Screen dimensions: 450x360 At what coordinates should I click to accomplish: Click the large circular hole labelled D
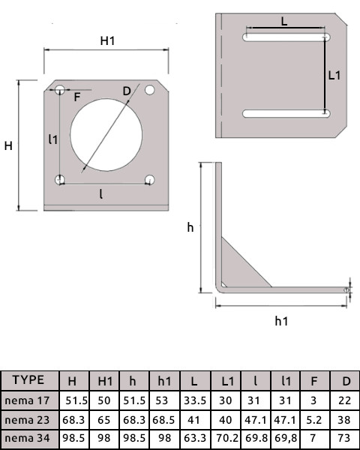(105, 133)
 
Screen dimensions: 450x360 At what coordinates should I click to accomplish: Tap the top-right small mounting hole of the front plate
(150, 90)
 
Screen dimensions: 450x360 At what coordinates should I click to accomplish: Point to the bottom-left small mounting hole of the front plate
(60, 179)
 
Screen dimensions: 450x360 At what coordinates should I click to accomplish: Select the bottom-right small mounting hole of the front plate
(150, 179)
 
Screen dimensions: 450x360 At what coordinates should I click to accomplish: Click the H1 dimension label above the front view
(108, 41)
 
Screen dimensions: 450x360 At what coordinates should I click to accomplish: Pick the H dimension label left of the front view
(8, 145)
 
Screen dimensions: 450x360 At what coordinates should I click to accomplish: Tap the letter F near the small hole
(77, 96)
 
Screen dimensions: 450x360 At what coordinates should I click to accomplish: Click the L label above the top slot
(284, 22)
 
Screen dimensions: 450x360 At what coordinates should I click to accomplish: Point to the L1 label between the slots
(335, 74)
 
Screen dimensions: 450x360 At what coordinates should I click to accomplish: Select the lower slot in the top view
(286, 113)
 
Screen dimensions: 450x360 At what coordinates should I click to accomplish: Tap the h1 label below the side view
(281, 321)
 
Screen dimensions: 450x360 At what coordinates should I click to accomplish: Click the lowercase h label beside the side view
(190, 226)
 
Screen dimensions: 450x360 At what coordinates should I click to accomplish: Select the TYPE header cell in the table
(28, 379)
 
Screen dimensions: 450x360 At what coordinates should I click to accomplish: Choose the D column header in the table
(346, 380)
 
